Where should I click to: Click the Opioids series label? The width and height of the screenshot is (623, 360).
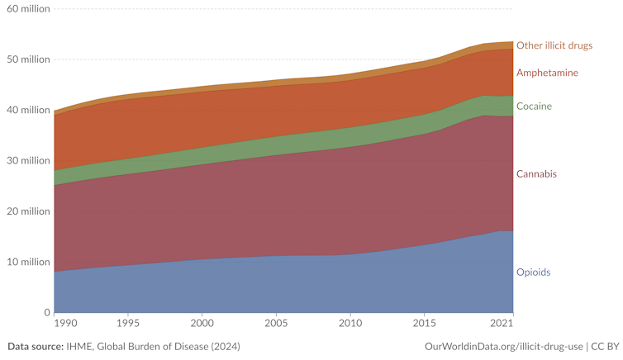pos(533,272)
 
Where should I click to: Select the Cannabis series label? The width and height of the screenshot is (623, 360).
pos(536,174)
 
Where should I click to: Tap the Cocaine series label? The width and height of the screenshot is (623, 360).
pos(534,107)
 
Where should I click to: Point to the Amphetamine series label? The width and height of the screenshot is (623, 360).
pos(547,73)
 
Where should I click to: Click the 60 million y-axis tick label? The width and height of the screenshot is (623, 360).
pos(26,8)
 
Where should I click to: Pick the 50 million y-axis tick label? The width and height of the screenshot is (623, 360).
pos(26,59)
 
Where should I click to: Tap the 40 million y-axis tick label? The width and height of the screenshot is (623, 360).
pos(26,110)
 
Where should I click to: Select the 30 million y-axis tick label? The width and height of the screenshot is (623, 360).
pos(26,161)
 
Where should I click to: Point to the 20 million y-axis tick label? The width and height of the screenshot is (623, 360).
pos(26,211)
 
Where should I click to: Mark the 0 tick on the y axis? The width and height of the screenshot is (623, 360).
pos(46,313)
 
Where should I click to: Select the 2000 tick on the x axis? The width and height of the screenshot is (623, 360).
pos(202,322)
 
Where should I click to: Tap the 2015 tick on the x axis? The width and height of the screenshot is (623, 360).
pos(425,322)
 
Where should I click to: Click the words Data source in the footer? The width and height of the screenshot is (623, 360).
pos(35,346)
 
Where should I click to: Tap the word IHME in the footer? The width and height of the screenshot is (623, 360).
pos(80,346)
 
